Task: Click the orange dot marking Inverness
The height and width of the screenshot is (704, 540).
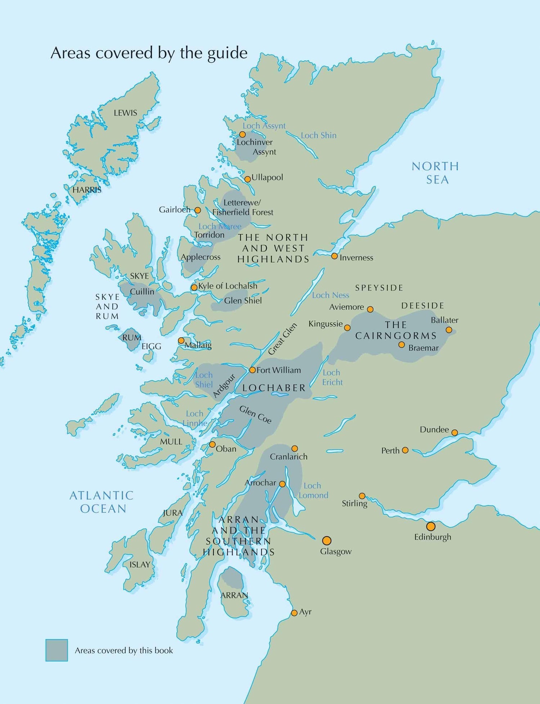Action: [334, 256]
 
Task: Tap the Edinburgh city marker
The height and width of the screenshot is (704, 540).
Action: [431, 527]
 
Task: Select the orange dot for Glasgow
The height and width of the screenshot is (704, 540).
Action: [327, 541]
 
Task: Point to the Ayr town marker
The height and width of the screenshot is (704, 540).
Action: [294, 613]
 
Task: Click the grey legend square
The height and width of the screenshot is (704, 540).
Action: [57, 650]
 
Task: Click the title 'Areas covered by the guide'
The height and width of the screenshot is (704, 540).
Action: [149, 53]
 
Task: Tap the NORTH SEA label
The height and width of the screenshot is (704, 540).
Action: [436, 173]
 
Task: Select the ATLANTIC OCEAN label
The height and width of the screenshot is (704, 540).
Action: [102, 502]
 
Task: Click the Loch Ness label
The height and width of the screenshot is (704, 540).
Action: [330, 295]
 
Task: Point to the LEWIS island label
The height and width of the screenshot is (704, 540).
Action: [125, 113]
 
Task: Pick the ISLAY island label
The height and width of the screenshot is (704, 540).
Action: [140, 565]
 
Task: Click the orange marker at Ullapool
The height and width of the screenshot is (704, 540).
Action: [248, 179]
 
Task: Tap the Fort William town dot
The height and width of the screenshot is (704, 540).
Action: [252, 370]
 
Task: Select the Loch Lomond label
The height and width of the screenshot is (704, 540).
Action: [313, 491]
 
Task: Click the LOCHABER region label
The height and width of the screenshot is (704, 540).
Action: [274, 388]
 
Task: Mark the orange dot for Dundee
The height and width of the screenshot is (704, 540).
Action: [455, 433]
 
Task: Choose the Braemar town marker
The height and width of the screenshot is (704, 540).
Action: [401, 345]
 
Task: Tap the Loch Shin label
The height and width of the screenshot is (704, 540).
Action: [319, 135]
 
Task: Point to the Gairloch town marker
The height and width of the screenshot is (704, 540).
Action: [198, 210]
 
